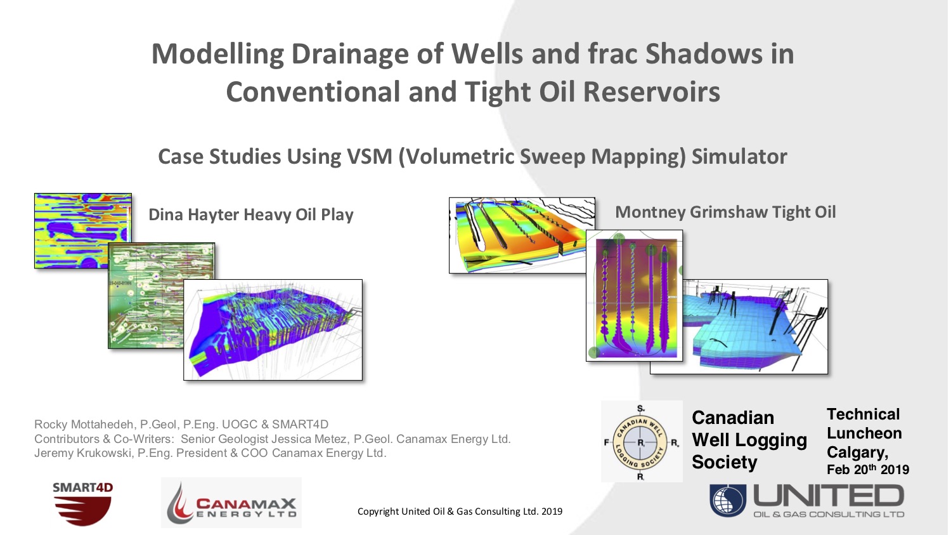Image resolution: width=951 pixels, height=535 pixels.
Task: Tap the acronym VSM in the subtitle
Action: pyautogui.click(x=369, y=157)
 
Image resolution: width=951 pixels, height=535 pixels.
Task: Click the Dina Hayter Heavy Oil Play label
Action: pyautogui.click(x=250, y=215)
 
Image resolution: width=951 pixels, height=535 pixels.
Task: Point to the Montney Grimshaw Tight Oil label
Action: pyautogui.click(x=725, y=213)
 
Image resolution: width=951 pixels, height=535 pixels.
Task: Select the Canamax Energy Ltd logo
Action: pyautogui.click(x=231, y=503)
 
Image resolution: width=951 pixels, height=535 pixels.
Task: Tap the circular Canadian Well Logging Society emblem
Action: pyautogui.click(x=641, y=442)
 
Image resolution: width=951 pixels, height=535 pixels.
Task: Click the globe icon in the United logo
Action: pyautogui.click(x=728, y=500)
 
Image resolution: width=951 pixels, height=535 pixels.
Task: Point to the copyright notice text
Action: pyautogui.click(x=460, y=512)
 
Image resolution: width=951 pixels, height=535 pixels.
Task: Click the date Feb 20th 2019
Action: pyautogui.click(x=867, y=470)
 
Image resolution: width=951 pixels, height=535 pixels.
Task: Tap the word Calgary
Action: pyautogui.click(x=857, y=452)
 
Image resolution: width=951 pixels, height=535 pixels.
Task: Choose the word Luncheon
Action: pyautogui.click(x=864, y=433)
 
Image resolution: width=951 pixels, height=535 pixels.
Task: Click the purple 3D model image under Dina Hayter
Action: pyautogui.click(x=273, y=330)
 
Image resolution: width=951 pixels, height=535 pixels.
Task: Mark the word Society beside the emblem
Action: pyautogui.click(x=724, y=462)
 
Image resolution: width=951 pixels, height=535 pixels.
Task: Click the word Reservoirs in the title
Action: pyautogui.click(x=651, y=93)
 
